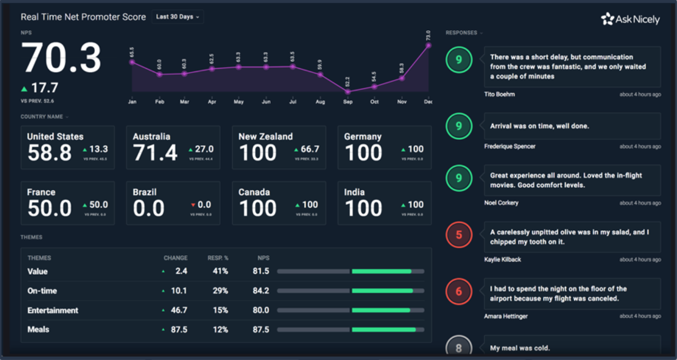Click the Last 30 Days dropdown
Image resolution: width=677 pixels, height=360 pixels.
tap(177, 17)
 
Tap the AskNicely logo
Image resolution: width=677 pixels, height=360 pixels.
tap(630, 20)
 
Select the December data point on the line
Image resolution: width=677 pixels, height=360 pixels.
tap(428, 46)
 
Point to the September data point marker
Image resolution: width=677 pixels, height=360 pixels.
tap(348, 92)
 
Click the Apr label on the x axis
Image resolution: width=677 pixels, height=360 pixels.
tap(212, 102)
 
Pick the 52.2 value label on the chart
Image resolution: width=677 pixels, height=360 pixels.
tap(348, 82)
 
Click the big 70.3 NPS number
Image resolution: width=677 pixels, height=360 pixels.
tap(61, 58)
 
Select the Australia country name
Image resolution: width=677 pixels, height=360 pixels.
tap(152, 137)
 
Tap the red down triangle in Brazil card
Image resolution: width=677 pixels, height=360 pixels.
tap(193, 205)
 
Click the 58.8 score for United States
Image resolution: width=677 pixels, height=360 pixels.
tap(49, 153)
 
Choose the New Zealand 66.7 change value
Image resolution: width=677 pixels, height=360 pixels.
tap(309, 149)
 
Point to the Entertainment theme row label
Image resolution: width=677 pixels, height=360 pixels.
tap(52, 310)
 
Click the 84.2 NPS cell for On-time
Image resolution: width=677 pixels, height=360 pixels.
tap(261, 291)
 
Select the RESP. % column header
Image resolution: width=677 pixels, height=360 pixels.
tap(218, 258)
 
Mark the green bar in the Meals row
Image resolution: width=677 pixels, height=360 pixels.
tap(384, 330)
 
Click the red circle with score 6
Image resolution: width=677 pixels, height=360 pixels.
tap(459, 292)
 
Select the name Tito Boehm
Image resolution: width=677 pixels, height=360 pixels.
tap(499, 94)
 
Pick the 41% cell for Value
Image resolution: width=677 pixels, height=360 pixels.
tap(220, 271)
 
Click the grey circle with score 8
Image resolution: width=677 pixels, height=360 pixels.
tap(459, 347)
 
